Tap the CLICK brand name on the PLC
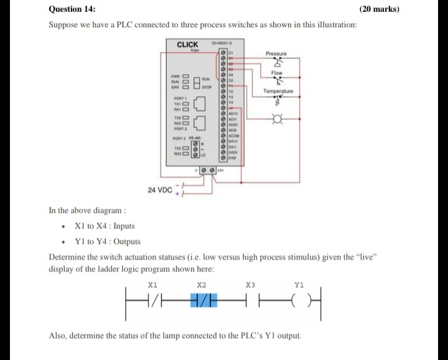pyautogui.click(x=188, y=44)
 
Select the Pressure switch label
pyautogui.click(x=276, y=54)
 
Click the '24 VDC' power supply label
pyautogui.click(x=160, y=189)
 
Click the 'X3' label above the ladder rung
pyautogui.click(x=250, y=285)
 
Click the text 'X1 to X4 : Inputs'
pyautogui.click(x=104, y=226)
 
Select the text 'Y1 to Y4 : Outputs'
pyautogui.click(x=107, y=242)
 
